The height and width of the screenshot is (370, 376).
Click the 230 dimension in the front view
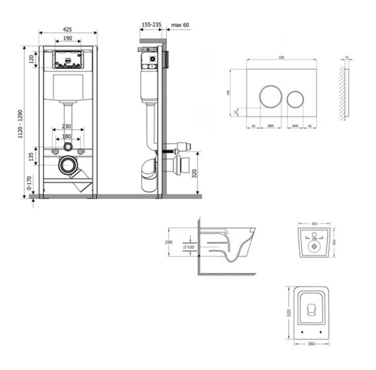[67, 126]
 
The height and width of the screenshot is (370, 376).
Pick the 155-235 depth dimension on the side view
[151, 24]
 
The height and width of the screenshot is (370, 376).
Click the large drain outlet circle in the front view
[67, 166]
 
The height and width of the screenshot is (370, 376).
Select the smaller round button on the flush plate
[295, 98]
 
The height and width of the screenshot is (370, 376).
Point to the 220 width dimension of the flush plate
[281, 59]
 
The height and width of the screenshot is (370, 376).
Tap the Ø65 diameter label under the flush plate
[270, 126]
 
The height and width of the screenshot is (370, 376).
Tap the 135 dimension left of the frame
[30, 157]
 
